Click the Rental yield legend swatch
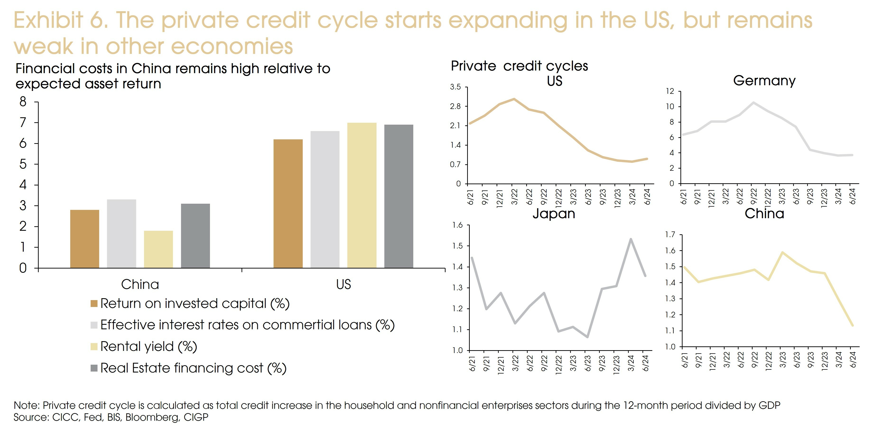94,346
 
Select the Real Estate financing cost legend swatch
94,368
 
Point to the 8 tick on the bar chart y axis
23,102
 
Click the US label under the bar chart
343,284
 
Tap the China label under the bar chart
140,284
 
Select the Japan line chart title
554,213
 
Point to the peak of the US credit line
514,99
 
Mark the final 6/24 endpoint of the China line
852,325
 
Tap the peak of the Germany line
753,102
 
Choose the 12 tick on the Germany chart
670,91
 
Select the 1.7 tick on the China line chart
670,235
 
